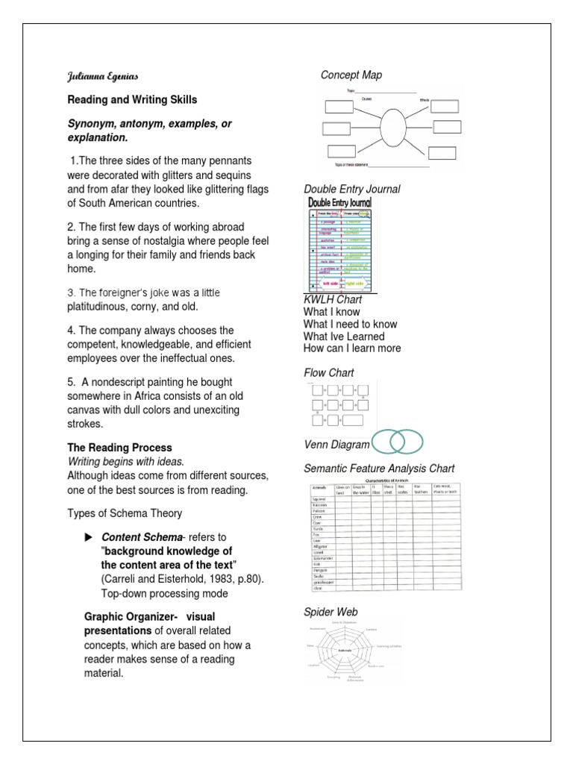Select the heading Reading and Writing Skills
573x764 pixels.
(133, 100)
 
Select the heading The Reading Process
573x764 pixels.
(120, 448)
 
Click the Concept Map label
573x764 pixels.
(351, 75)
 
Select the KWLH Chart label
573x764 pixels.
(333, 300)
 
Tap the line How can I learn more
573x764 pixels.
(352, 348)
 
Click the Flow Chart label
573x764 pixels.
(328, 372)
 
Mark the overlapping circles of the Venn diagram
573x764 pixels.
(398, 442)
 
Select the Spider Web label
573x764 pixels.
(331, 612)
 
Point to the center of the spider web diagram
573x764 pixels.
(345, 651)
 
